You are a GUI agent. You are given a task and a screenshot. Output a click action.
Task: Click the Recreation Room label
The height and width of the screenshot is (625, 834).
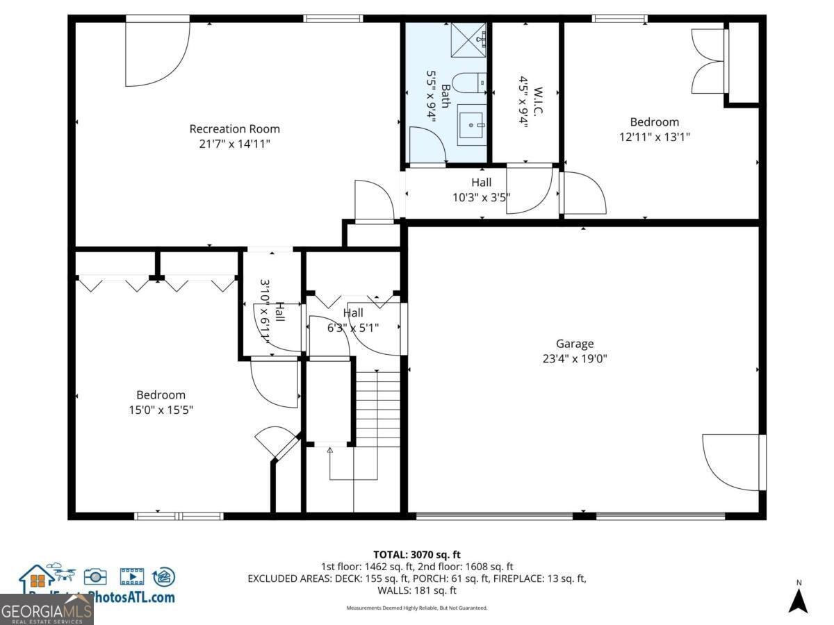coord(235,128)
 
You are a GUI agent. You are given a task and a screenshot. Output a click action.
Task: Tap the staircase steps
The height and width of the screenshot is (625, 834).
coord(378,408)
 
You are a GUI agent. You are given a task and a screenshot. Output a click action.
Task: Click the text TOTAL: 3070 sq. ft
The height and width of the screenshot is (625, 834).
coord(417,554)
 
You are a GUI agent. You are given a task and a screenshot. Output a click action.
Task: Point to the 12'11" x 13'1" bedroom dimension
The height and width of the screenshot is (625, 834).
coord(654,137)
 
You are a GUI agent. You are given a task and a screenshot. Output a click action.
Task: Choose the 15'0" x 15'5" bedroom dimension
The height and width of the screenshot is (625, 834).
coord(161,410)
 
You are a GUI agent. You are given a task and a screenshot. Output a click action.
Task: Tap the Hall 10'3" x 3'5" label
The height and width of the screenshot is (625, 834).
coord(482,190)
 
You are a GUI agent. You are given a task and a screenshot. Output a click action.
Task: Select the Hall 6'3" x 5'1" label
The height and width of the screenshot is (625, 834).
coord(353,320)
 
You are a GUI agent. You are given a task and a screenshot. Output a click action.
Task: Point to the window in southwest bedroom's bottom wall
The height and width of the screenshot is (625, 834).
coord(179,516)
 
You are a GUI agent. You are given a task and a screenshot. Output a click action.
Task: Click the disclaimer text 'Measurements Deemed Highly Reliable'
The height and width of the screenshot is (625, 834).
coord(417,608)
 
